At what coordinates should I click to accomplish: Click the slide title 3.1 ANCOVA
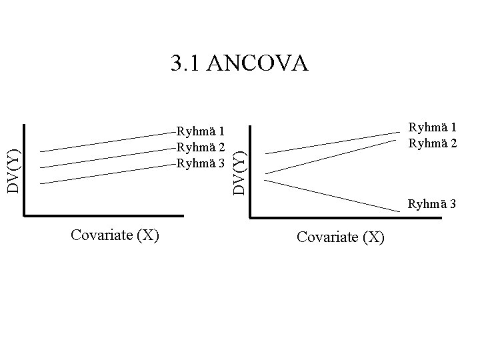coord(239,63)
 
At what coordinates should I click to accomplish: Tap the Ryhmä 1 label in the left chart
coord(200,131)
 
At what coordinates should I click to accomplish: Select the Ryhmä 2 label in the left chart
coord(200,147)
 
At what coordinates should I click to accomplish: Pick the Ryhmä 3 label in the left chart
coord(200,162)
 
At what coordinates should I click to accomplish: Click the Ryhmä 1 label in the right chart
coord(433,127)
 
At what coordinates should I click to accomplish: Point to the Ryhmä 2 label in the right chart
coord(433,142)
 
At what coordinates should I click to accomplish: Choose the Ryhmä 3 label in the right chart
coord(432,204)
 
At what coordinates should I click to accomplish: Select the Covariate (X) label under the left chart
coord(114,235)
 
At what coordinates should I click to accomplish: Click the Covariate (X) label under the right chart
coord(341,237)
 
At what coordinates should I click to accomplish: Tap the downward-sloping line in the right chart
coord(333,193)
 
